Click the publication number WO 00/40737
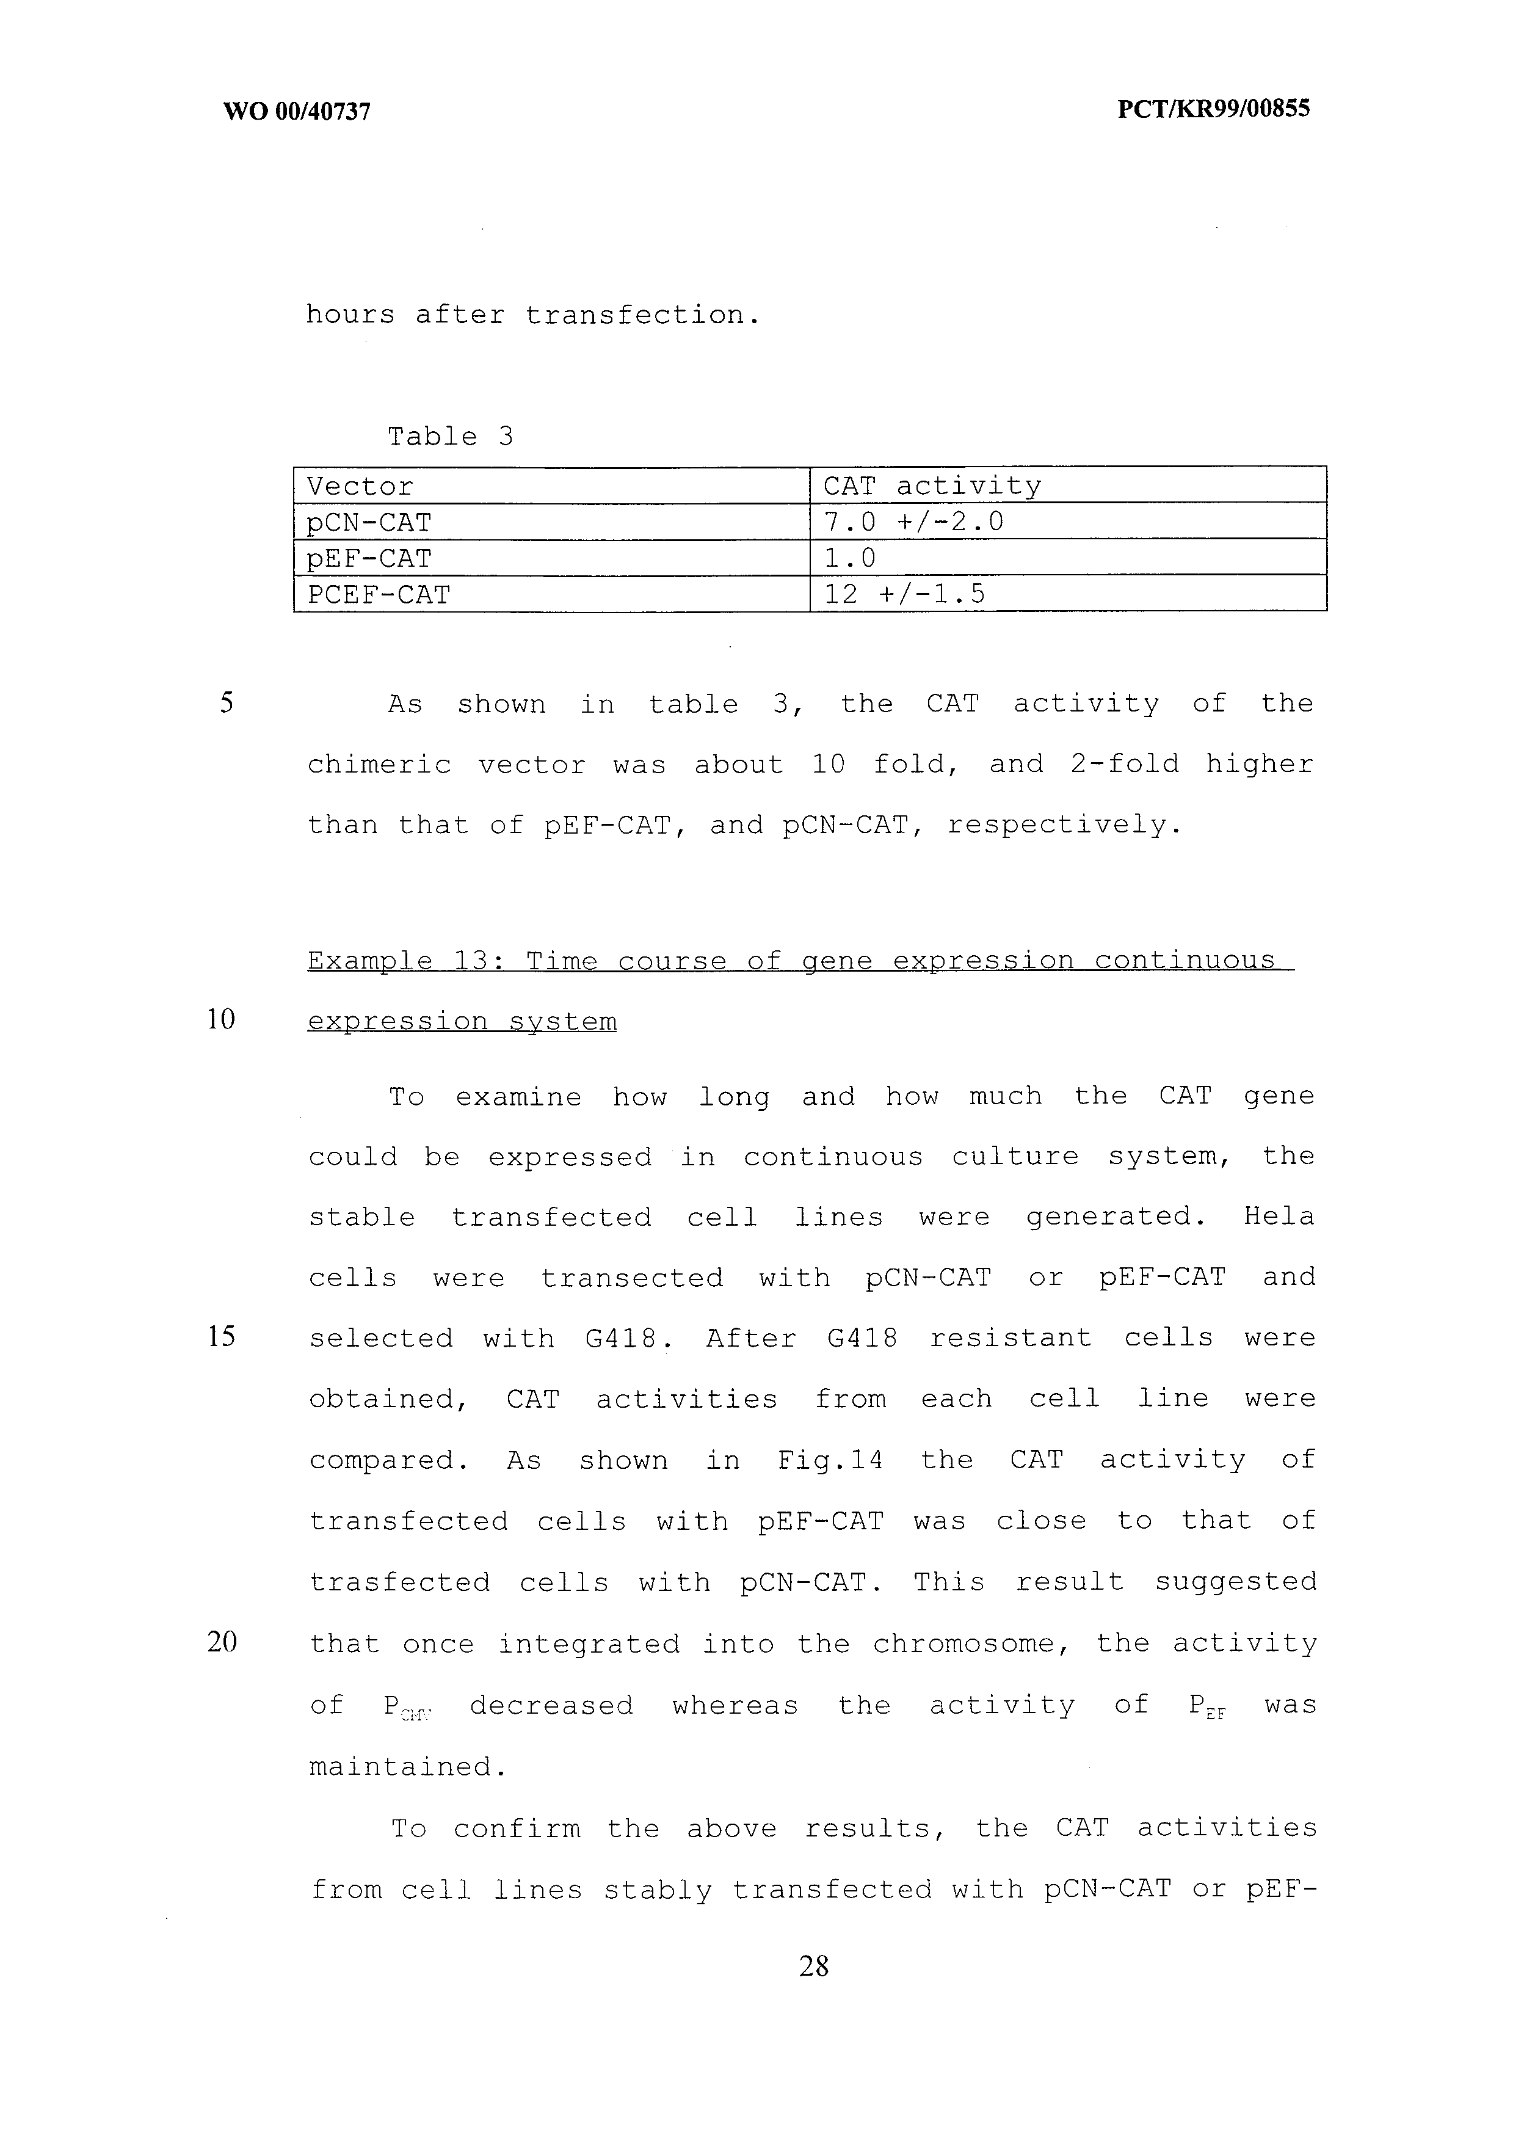click(x=297, y=112)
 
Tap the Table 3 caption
click(x=451, y=437)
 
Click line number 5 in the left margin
click(x=226, y=703)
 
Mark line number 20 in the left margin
click(x=222, y=1642)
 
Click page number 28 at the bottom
click(x=814, y=1965)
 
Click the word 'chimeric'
click(x=380, y=765)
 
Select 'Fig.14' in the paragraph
click(x=830, y=1460)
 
